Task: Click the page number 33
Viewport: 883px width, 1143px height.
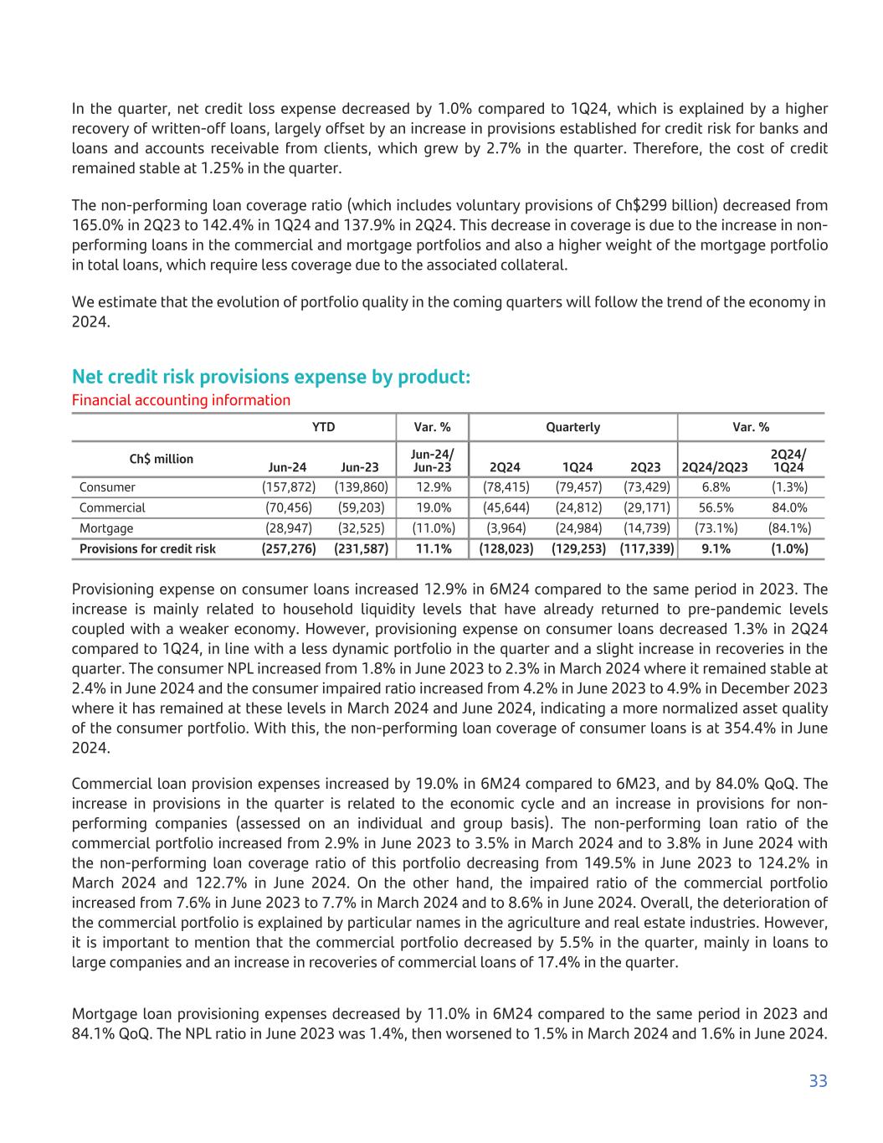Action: [x=818, y=1081]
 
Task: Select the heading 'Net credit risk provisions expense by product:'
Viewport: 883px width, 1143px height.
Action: [x=271, y=377]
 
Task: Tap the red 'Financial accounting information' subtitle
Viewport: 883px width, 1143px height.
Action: [x=181, y=400]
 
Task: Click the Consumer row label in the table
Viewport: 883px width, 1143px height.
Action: [x=107, y=487]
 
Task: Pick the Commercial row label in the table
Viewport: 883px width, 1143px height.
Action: [x=112, y=507]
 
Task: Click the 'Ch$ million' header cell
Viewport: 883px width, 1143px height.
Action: [x=161, y=459]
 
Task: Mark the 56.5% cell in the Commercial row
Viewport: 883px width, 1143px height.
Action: [x=715, y=507]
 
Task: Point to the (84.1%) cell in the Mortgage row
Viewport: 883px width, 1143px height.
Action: [x=788, y=528]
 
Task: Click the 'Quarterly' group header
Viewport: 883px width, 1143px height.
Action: [x=573, y=427]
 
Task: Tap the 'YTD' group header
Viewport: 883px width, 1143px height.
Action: [x=323, y=427]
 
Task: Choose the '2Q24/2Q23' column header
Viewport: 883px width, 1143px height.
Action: [x=715, y=466]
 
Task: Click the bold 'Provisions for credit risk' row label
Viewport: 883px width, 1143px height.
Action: [x=147, y=549]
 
